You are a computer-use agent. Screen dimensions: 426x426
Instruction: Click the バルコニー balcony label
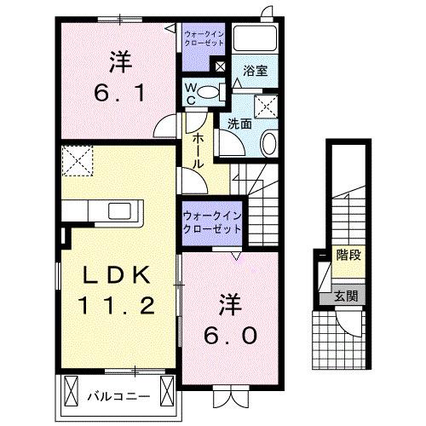point(119,396)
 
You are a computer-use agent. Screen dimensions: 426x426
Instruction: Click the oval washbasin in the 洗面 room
point(268,143)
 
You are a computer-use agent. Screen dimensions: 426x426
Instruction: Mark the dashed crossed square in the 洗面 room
point(268,106)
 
